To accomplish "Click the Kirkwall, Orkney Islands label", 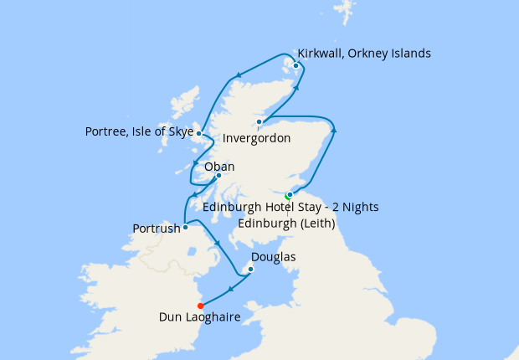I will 364,54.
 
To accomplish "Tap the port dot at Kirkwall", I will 295,65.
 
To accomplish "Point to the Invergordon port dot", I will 259,122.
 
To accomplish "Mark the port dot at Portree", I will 198,132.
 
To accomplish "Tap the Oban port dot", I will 218,176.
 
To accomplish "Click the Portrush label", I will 156,229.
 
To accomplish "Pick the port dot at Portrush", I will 185,227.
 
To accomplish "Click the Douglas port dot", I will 249,269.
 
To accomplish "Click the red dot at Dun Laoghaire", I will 200,306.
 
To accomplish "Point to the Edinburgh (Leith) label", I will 286,224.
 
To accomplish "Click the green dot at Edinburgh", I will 287,196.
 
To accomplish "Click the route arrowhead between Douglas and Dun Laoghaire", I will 229,291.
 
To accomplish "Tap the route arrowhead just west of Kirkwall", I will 239,74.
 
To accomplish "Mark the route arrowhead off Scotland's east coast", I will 335,129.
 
